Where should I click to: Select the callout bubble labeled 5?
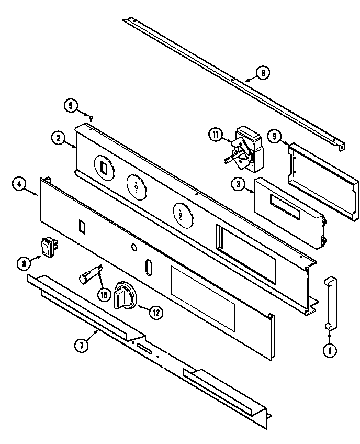click(x=70, y=105)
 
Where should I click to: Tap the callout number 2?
click(x=59, y=138)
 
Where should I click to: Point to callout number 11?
click(x=215, y=135)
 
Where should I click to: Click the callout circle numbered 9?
click(x=274, y=137)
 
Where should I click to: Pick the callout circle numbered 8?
click(x=23, y=264)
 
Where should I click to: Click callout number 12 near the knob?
click(x=155, y=313)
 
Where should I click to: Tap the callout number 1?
click(x=330, y=351)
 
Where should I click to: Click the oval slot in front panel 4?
click(x=148, y=267)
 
